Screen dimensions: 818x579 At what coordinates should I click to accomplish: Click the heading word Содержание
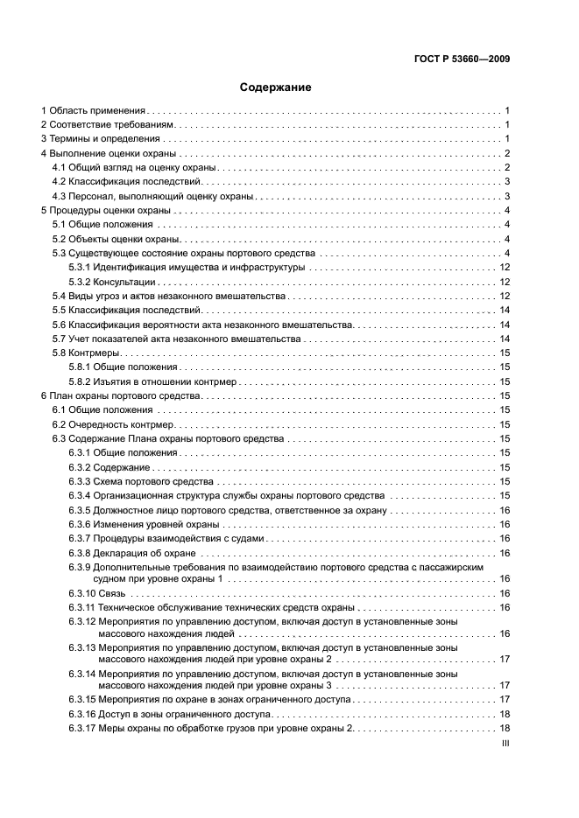click(x=276, y=87)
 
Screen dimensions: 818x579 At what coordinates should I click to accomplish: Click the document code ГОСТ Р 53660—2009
click(x=462, y=59)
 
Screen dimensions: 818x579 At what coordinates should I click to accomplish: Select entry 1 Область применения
click(x=95, y=111)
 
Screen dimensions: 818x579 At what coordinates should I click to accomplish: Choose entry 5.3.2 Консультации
click(x=112, y=282)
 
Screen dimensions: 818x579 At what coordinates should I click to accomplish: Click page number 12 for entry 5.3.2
click(x=505, y=282)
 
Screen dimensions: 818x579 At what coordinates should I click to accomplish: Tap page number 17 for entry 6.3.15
click(x=505, y=700)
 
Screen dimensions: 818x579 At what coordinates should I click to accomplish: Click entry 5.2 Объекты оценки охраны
click(x=117, y=239)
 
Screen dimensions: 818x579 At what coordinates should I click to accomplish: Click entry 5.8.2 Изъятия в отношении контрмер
click(x=149, y=381)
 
